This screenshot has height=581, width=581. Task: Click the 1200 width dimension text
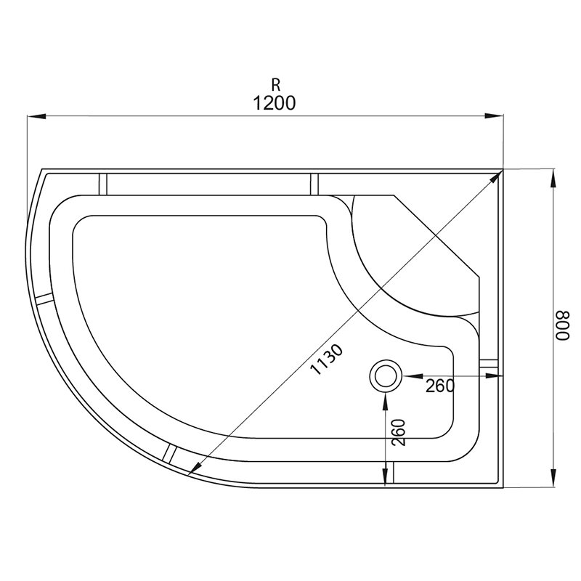click(x=275, y=103)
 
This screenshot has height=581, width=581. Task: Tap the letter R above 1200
click(x=276, y=85)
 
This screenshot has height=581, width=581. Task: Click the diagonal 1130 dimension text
click(x=326, y=359)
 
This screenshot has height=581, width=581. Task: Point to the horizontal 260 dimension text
click(x=440, y=386)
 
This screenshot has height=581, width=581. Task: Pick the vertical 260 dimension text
click(x=399, y=432)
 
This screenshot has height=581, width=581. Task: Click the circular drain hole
click(x=386, y=375)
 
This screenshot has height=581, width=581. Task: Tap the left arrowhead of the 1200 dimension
click(x=36, y=116)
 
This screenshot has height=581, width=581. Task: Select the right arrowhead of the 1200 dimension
click(x=495, y=116)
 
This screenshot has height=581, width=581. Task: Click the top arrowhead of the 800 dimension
click(x=553, y=178)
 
